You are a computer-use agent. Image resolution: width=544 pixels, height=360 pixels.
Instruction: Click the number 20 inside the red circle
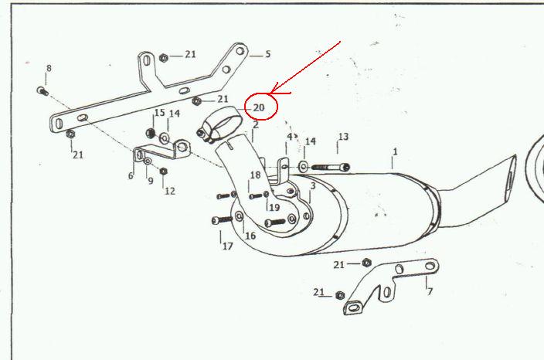coord(259,108)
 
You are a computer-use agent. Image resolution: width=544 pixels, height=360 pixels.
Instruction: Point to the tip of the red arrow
coord(269,93)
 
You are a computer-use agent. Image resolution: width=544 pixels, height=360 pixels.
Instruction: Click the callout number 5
coord(268,54)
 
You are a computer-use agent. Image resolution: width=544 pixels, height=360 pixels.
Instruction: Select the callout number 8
coord(49,68)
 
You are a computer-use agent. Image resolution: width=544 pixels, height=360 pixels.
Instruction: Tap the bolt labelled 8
coord(42,91)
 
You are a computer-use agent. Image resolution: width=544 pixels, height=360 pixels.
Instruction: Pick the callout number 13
coord(343,137)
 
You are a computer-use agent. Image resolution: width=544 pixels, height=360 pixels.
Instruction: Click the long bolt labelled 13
coord(331,167)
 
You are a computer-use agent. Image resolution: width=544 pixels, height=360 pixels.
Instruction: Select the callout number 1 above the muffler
coord(395,152)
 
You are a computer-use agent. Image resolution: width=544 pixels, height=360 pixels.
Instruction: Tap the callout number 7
coord(430,291)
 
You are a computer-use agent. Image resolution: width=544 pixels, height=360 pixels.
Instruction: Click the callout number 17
coord(228,246)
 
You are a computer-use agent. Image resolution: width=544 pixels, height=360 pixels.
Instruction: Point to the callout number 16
coord(250,236)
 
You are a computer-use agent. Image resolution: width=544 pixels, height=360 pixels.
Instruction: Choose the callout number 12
coord(170,191)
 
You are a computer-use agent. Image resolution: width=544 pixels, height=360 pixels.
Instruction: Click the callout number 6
coord(131,176)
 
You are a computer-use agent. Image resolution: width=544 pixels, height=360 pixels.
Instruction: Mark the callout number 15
coord(160,113)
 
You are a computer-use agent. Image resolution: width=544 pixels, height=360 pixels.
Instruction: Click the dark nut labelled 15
coord(151,133)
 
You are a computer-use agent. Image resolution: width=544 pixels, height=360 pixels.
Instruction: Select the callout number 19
coord(274,207)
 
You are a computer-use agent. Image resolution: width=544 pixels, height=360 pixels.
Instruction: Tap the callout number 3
coord(313,186)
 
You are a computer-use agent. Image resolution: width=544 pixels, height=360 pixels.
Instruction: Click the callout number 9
coord(150,181)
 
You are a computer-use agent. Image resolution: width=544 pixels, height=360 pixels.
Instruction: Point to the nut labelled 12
coord(163,171)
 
